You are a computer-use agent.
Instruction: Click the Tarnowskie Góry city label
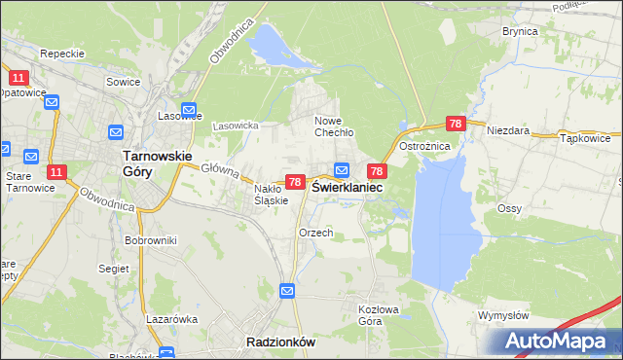pyautogui.click(x=157, y=162)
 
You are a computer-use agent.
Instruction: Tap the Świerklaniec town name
pyautogui.click(x=347, y=186)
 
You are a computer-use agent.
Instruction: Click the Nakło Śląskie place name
pyautogui.click(x=272, y=195)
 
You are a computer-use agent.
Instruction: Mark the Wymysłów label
pyautogui.click(x=503, y=316)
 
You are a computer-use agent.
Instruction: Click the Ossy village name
pyautogui.click(x=510, y=208)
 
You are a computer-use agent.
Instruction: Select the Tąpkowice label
pyautogui.click(x=586, y=138)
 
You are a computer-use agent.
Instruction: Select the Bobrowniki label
pyautogui.click(x=149, y=239)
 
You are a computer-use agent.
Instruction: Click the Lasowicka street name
pyautogui.click(x=235, y=126)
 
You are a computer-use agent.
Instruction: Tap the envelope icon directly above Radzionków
pyautogui.click(x=287, y=291)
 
